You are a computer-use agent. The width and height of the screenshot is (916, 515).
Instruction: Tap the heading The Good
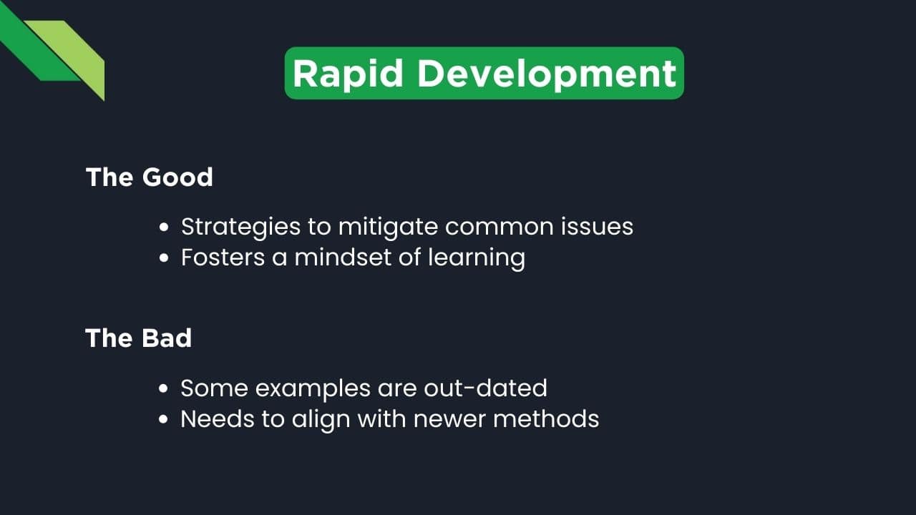150,177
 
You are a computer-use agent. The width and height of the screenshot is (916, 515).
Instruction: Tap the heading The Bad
139,338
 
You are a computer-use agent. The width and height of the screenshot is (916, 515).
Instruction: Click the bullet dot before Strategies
165,227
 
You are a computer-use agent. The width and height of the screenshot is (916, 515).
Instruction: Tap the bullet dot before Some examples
165,389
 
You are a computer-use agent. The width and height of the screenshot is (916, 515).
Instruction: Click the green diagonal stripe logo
57,54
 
